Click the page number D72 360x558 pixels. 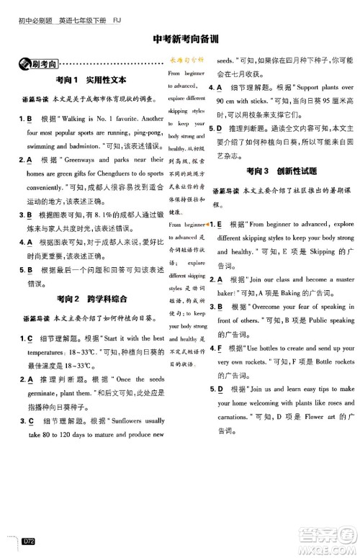tap(29, 551)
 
